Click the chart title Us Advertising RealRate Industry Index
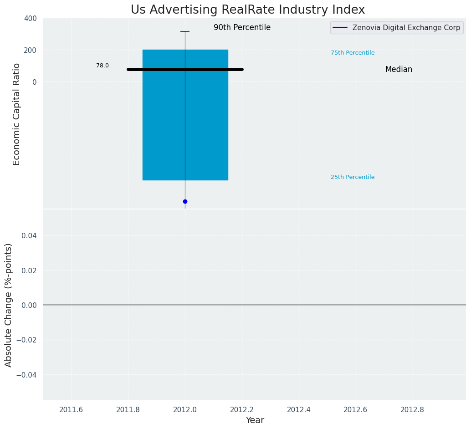[248, 10]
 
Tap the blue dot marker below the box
[185, 201]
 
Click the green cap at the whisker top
[185, 31]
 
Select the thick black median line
[185, 69]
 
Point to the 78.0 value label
[102, 66]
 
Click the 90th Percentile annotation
[242, 27]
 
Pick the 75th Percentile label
[353, 53]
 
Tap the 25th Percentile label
[353, 177]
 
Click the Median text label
[399, 69]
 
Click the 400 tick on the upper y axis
[31, 18]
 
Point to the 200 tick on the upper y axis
[31, 50]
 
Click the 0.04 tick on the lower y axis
[30, 235]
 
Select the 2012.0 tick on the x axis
[185, 409]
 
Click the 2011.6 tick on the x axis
[71, 409]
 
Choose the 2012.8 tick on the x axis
[412, 409]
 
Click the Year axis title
[255, 420]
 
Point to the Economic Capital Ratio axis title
[17, 114]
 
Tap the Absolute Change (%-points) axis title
[9, 305]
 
